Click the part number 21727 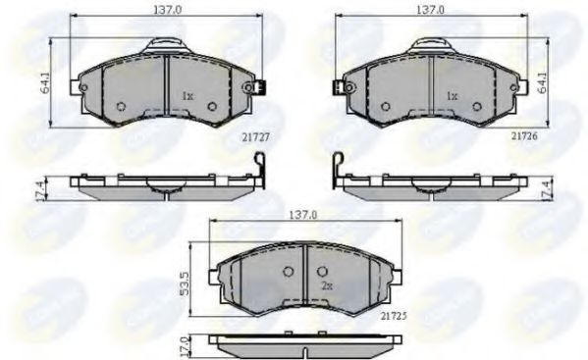(x=229, y=139)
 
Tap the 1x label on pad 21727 (x=187, y=96)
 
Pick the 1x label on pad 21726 (x=452, y=96)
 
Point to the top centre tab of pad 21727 (x=166, y=44)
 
